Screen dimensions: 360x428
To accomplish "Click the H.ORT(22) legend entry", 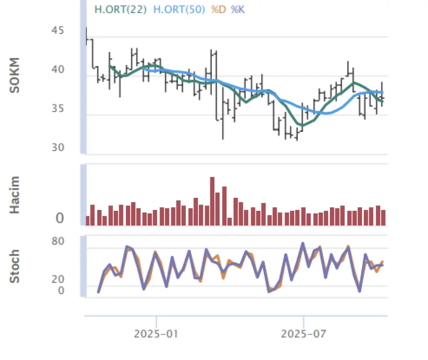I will (x=120, y=9).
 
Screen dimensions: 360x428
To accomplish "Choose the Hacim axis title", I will (x=15, y=195).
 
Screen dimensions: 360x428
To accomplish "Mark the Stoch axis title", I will (x=15, y=266).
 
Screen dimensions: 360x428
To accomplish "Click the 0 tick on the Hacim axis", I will (x=60, y=219).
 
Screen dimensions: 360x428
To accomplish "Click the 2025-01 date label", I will (x=156, y=334).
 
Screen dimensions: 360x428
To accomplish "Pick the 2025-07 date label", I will (x=303, y=334).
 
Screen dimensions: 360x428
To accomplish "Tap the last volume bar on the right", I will (x=383, y=217).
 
